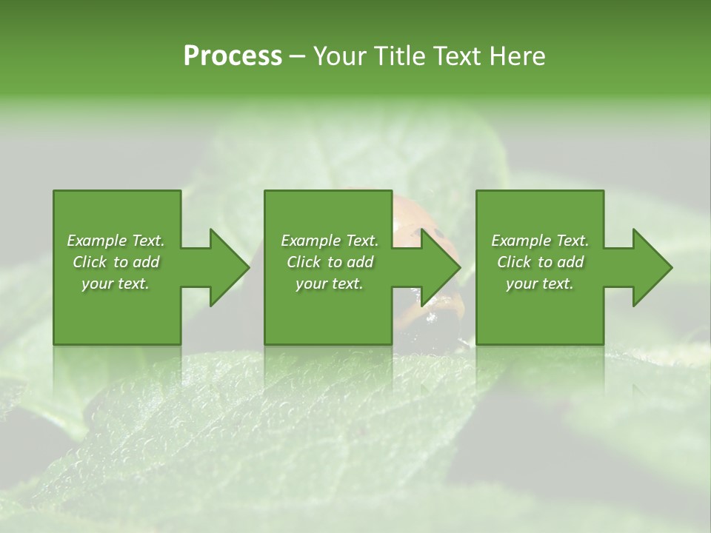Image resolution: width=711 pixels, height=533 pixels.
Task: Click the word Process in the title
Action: pyautogui.click(x=233, y=56)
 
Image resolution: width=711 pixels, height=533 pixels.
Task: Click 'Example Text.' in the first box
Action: pyautogui.click(x=116, y=241)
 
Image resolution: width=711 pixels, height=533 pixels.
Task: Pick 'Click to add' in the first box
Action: pyautogui.click(x=116, y=262)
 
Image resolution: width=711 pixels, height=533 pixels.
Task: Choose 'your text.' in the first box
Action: pyautogui.click(x=116, y=284)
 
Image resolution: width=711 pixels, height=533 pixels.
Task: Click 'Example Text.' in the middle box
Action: pyautogui.click(x=329, y=241)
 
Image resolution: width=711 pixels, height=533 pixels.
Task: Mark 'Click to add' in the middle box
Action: pyautogui.click(x=329, y=262)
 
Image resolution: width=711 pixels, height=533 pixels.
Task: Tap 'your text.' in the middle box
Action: pyautogui.click(x=329, y=284)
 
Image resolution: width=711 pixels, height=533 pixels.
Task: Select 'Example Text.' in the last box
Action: pyautogui.click(x=540, y=241)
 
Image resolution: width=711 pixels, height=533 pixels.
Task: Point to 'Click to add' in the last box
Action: pyautogui.click(x=540, y=262)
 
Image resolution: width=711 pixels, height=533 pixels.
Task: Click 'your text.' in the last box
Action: pyautogui.click(x=540, y=284)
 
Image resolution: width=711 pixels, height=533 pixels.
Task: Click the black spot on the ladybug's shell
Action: pyautogui.click(x=439, y=234)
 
